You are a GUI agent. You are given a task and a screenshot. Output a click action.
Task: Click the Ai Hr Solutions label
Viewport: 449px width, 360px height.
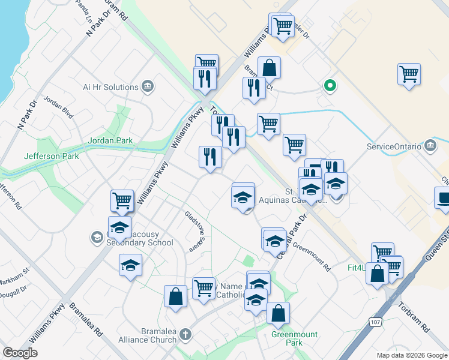tap(110, 87)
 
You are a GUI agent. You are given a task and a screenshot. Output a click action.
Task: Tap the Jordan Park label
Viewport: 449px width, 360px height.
tap(110, 140)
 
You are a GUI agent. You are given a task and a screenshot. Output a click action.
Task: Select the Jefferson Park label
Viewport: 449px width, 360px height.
tap(51, 156)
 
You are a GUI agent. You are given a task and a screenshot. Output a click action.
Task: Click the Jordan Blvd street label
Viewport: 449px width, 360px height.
tap(58, 107)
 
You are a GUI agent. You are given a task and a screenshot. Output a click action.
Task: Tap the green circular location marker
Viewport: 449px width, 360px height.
tap(329, 85)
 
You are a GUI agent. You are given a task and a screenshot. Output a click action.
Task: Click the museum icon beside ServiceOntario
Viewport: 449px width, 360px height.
tap(430, 146)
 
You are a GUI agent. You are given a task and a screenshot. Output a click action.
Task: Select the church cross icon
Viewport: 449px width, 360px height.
tap(186, 334)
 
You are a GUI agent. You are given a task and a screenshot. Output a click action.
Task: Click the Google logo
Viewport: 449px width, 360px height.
tap(20, 353)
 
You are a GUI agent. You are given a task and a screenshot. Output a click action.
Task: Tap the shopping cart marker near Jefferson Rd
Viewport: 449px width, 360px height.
tap(122, 200)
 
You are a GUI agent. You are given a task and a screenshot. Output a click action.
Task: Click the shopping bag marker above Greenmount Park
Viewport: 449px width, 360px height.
tap(278, 313)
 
